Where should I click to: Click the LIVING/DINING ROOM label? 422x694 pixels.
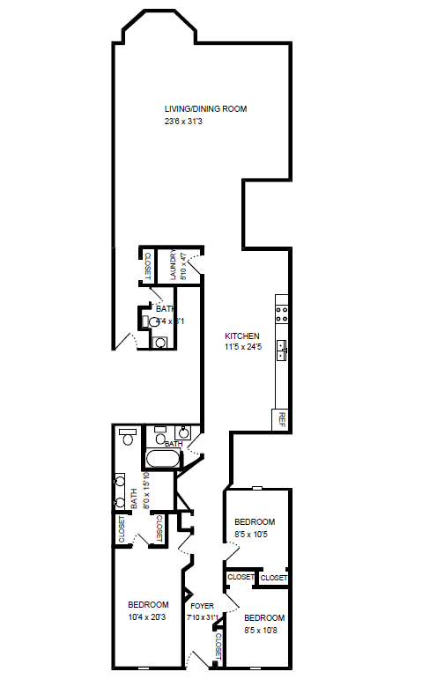pos(205,109)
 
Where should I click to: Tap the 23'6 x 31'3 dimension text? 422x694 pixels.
pos(183,122)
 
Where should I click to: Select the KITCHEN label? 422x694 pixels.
pos(241,336)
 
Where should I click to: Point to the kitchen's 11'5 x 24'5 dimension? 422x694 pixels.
pos(242,348)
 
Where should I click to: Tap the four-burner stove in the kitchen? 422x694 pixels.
pos(283,311)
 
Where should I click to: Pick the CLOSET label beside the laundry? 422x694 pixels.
pos(148,264)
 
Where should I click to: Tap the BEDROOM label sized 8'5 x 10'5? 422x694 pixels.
pos(255,521)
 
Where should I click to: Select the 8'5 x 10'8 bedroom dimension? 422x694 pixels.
pos(265,630)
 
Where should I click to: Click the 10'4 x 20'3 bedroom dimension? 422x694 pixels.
pos(148,616)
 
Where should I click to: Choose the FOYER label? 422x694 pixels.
pos(202,605)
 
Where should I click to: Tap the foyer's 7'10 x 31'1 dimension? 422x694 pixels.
pos(202,616)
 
